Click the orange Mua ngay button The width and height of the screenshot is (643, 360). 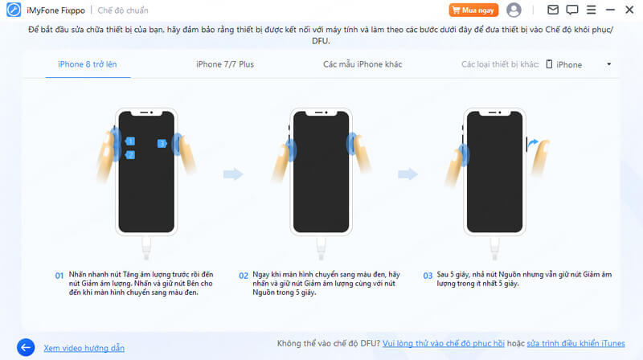(x=473, y=10)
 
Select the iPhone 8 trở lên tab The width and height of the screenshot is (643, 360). (x=88, y=64)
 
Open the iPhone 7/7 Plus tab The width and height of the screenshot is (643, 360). (x=225, y=64)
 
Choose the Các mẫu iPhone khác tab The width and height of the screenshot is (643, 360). (x=362, y=64)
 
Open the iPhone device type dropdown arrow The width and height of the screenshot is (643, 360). (x=609, y=64)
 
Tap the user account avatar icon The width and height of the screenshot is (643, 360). (x=514, y=10)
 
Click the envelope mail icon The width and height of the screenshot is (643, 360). (x=553, y=10)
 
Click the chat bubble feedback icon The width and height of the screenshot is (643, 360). (x=572, y=10)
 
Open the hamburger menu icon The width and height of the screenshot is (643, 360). (x=591, y=10)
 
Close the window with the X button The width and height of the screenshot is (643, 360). (x=629, y=10)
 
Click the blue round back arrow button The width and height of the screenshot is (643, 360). (x=26, y=348)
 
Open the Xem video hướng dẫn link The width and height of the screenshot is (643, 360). (x=84, y=348)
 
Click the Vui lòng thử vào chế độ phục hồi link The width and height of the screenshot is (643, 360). (x=444, y=344)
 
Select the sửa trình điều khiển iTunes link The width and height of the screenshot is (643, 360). (x=575, y=344)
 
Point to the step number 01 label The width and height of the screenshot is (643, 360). (x=59, y=276)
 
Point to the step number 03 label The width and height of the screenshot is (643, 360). (x=428, y=276)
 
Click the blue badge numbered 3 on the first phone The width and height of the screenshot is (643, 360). (x=162, y=144)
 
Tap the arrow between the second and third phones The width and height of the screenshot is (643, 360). (x=408, y=174)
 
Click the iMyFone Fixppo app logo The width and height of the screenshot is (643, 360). (x=14, y=10)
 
